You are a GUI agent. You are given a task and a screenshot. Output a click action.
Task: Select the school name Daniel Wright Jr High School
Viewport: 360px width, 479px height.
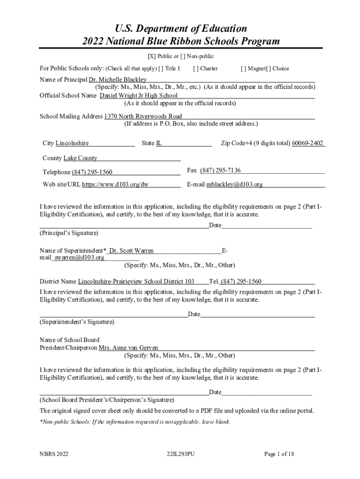pos(139,95)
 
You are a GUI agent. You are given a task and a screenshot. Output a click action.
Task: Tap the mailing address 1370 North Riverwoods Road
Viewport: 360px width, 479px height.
pos(143,116)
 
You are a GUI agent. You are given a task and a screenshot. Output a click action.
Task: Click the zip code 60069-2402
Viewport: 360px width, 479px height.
pos(308,143)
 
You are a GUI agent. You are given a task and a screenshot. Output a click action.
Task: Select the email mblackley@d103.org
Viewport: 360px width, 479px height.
pos(235,184)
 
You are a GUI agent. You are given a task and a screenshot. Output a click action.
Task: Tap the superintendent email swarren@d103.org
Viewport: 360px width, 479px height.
pos(79,257)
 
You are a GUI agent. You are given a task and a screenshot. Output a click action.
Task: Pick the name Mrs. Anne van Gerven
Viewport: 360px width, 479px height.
pos(129,348)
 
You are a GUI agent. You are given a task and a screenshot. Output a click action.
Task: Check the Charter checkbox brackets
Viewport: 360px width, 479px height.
pos(195,68)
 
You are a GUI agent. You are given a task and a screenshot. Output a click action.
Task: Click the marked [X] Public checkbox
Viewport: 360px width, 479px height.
pos(151,56)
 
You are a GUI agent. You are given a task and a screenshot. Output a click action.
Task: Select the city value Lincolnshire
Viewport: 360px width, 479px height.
pos(72,143)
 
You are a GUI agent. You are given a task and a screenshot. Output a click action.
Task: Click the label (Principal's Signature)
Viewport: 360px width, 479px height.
pos(69,232)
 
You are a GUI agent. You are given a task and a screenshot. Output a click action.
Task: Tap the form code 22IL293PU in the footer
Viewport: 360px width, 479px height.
pos(180,454)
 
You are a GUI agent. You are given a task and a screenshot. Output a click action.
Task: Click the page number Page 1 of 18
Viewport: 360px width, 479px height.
pos(279,454)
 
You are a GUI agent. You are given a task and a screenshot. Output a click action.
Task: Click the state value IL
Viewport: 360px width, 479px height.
pos(159,143)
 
